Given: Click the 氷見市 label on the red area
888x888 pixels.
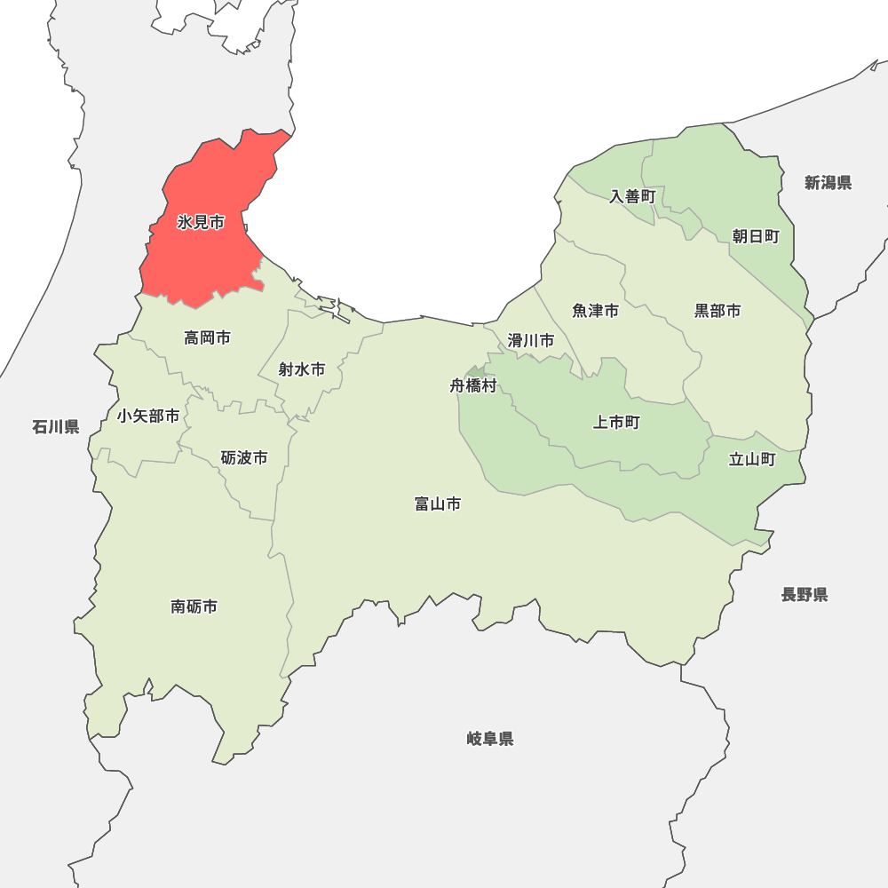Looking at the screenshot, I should click(x=201, y=223).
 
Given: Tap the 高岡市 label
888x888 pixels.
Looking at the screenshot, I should click(x=207, y=337).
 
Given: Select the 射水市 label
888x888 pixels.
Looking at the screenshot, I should click(x=301, y=369).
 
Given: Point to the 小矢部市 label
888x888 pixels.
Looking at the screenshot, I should click(x=147, y=416).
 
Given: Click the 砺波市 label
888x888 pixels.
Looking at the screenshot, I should click(x=244, y=458).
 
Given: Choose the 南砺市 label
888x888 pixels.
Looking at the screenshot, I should click(x=194, y=607).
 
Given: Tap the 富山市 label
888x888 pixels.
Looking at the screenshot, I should click(x=438, y=504).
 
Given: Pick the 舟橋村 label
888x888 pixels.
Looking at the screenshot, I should click(x=473, y=386).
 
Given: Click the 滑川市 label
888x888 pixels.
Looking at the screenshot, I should click(x=531, y=340).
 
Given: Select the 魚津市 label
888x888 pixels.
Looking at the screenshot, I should click(x=595, y=311).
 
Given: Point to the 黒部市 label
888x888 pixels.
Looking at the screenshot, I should click(x=718, y=311).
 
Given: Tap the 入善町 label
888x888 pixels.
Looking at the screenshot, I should click(x=632, y=196).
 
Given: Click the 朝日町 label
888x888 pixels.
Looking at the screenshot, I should click(x=756, y=236).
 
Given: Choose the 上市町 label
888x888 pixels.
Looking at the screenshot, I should click(x=616, y=423).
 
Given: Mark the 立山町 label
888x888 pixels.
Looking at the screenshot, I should click(x=752, y=460).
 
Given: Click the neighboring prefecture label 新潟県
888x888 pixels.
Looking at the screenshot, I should click(x=829, y=183).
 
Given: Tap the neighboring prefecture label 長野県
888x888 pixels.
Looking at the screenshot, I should click(x=805, y=595).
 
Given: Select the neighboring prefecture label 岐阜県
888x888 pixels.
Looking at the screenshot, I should click(x=490, y=739).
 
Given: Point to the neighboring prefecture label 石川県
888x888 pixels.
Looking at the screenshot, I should click(x=56, y=427).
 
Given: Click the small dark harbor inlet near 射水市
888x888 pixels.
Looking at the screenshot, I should click(x=337, y=312).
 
